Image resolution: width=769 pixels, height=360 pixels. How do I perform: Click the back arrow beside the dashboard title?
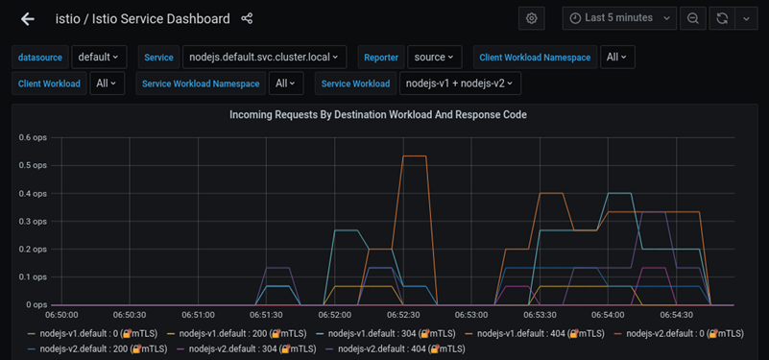coord(28,18)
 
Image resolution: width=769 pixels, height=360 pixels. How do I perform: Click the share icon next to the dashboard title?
coord(247,18)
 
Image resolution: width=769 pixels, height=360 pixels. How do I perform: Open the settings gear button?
coord(531,18)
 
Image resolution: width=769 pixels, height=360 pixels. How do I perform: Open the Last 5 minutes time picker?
coord(620,18)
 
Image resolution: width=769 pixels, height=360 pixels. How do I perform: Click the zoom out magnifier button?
coord(691,18)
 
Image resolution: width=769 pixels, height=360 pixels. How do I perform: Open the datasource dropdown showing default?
coord(99,58)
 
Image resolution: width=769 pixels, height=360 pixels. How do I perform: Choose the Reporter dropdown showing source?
coord(434,58)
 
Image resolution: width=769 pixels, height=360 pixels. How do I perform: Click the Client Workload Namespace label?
coord(535,58)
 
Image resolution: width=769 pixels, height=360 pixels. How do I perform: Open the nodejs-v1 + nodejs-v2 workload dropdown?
coord(460,84)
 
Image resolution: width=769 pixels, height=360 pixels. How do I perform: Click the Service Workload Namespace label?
coord(201,84)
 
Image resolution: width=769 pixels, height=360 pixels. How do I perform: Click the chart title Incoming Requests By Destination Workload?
coord(377,114)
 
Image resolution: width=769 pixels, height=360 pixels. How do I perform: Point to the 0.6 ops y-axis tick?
coord(33,137)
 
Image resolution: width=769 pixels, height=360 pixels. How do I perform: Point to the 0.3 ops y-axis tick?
coord(33,221)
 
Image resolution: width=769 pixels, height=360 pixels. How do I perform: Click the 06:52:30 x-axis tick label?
coord(403,315)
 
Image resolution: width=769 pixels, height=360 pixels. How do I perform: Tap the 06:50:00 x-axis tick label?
coord(62,315)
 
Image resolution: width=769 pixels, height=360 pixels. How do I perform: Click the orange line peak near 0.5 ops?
coord(414,156)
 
